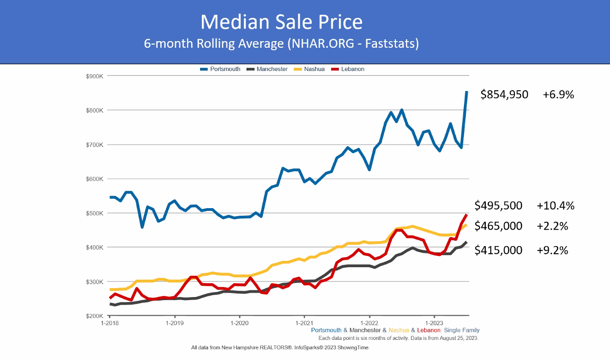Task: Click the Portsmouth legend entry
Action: click(220, 69)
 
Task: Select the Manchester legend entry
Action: click(267, 69)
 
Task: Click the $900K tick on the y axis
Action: click(95, 76)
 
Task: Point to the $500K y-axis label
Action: click(95, 213)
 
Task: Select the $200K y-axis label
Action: click(95, 316)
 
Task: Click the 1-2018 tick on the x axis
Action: click(110, 322)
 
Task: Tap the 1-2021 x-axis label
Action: click(304, 322)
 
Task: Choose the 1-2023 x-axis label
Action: click(434, 322)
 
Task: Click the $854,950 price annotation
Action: click(504, 95)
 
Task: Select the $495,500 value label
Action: click(498, 205)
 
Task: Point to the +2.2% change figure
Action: click(552, 226)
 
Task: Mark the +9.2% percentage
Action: click(552, 250)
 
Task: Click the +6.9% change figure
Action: click(558, 95)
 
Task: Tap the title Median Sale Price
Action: click(281, 21)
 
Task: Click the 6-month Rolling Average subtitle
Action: click(281, 44)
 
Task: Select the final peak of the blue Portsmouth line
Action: click(467, 92)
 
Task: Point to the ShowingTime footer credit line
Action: click(280, 347)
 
